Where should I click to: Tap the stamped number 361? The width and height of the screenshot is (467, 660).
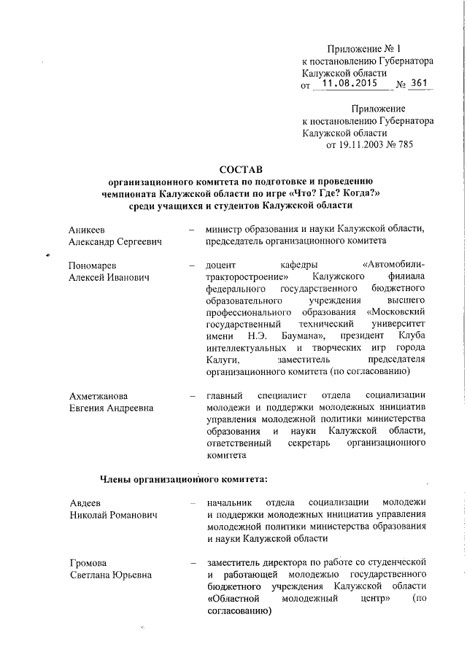pos(420,83)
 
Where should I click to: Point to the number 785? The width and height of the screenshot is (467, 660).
pos(422,145)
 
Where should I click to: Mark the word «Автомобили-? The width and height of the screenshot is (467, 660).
pos(394,265)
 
